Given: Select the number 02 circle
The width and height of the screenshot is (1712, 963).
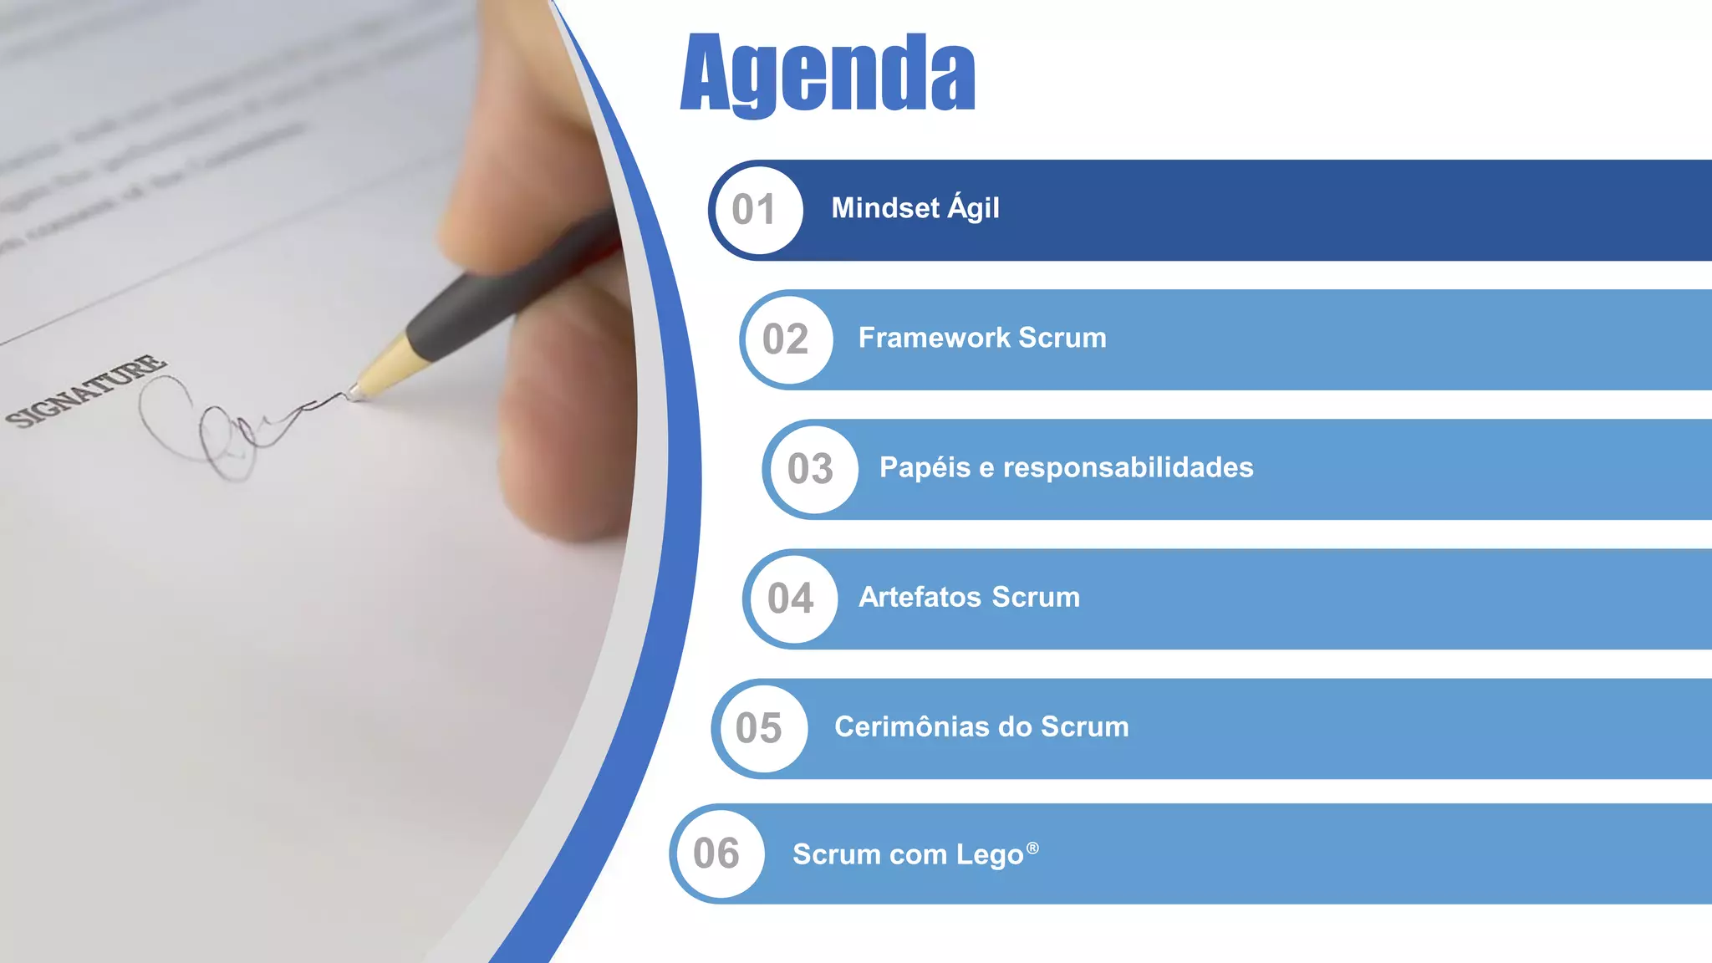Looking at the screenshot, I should pos(787,339).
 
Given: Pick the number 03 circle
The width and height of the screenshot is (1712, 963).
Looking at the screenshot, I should pos(811,469).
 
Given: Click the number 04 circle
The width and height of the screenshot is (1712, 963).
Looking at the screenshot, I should pos(791,599).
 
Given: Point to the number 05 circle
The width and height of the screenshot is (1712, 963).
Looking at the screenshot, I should pos(760,728).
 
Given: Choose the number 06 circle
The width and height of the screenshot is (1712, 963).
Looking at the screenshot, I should pos(717,853).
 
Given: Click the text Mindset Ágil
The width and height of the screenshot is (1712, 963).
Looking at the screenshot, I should pos(915,208).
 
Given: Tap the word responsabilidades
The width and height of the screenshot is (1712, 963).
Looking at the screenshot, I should pos(1129,467).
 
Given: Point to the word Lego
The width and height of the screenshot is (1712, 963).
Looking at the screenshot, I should pos(990,855).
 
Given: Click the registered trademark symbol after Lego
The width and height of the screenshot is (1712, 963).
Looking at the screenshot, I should pos(1032,848).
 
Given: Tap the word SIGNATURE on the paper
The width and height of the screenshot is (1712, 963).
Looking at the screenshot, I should pos(86,390).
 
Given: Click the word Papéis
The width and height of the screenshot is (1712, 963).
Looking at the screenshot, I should pos(925,468).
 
